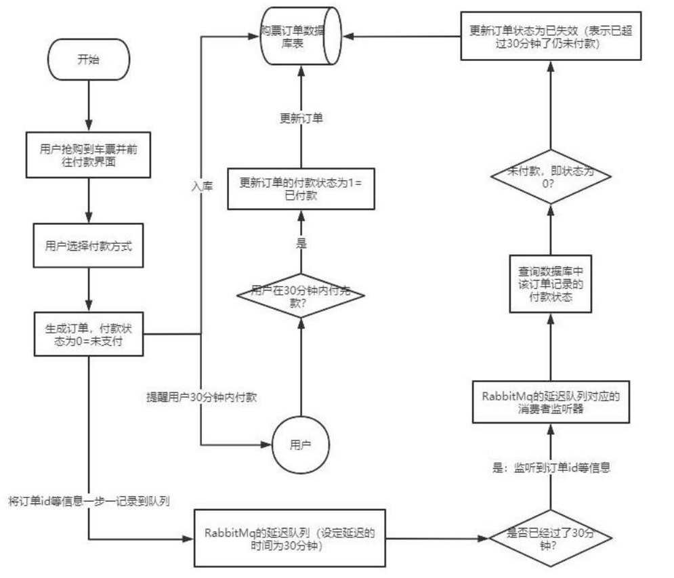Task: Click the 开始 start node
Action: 88,60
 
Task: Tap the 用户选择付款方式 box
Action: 89,245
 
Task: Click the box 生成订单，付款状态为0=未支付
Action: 89,332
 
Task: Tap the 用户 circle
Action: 297,445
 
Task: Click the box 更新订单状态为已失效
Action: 549,35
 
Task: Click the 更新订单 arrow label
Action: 301,118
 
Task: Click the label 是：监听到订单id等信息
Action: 549,468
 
